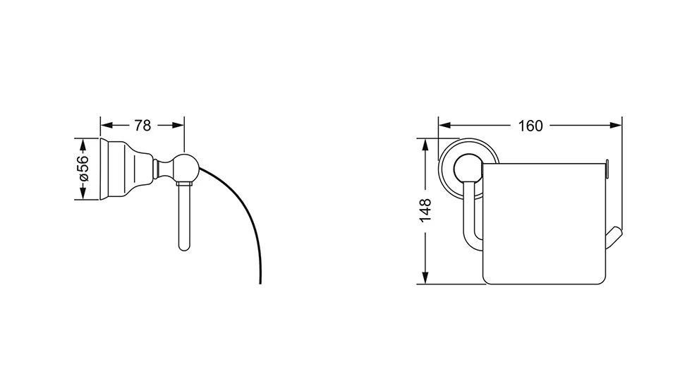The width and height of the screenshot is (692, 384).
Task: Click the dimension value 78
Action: point(142,126)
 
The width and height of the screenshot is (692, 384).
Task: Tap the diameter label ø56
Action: point(83,169)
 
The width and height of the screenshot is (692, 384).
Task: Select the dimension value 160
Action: point(530,126)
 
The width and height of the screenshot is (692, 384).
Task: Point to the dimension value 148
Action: point(425,210)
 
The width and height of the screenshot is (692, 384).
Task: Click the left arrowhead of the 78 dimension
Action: point(107,126)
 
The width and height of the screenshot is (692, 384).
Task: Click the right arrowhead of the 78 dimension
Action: point(178,126)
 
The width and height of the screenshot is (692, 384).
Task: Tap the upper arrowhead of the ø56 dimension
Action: point(82,144)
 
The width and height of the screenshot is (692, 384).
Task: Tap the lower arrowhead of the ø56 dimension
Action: point(82,194)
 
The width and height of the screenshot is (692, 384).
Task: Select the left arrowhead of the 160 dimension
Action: point(444,126)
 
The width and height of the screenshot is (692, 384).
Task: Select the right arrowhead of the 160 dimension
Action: point(616,126)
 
